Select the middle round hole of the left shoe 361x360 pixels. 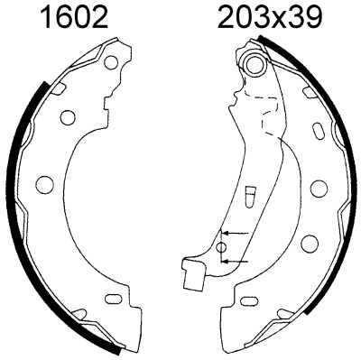click(x=42, y=186)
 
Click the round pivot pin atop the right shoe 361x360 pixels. click(x=255, y=65)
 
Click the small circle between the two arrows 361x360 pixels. click(x=222, y=247)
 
